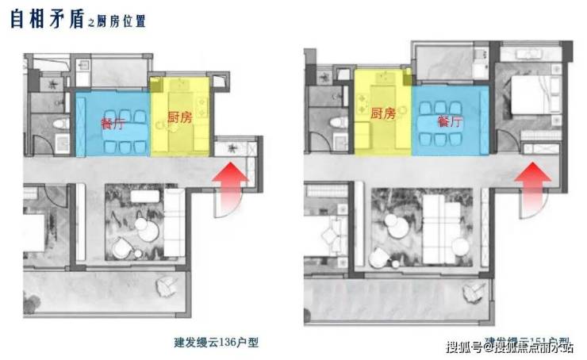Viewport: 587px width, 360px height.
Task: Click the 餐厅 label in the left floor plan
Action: (x=112, y=123)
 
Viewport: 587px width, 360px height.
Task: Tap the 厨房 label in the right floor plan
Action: (x=382, y=114)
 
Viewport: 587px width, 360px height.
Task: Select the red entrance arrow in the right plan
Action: (x=532, y=177)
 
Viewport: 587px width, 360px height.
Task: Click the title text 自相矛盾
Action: (x=47, y=19)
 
